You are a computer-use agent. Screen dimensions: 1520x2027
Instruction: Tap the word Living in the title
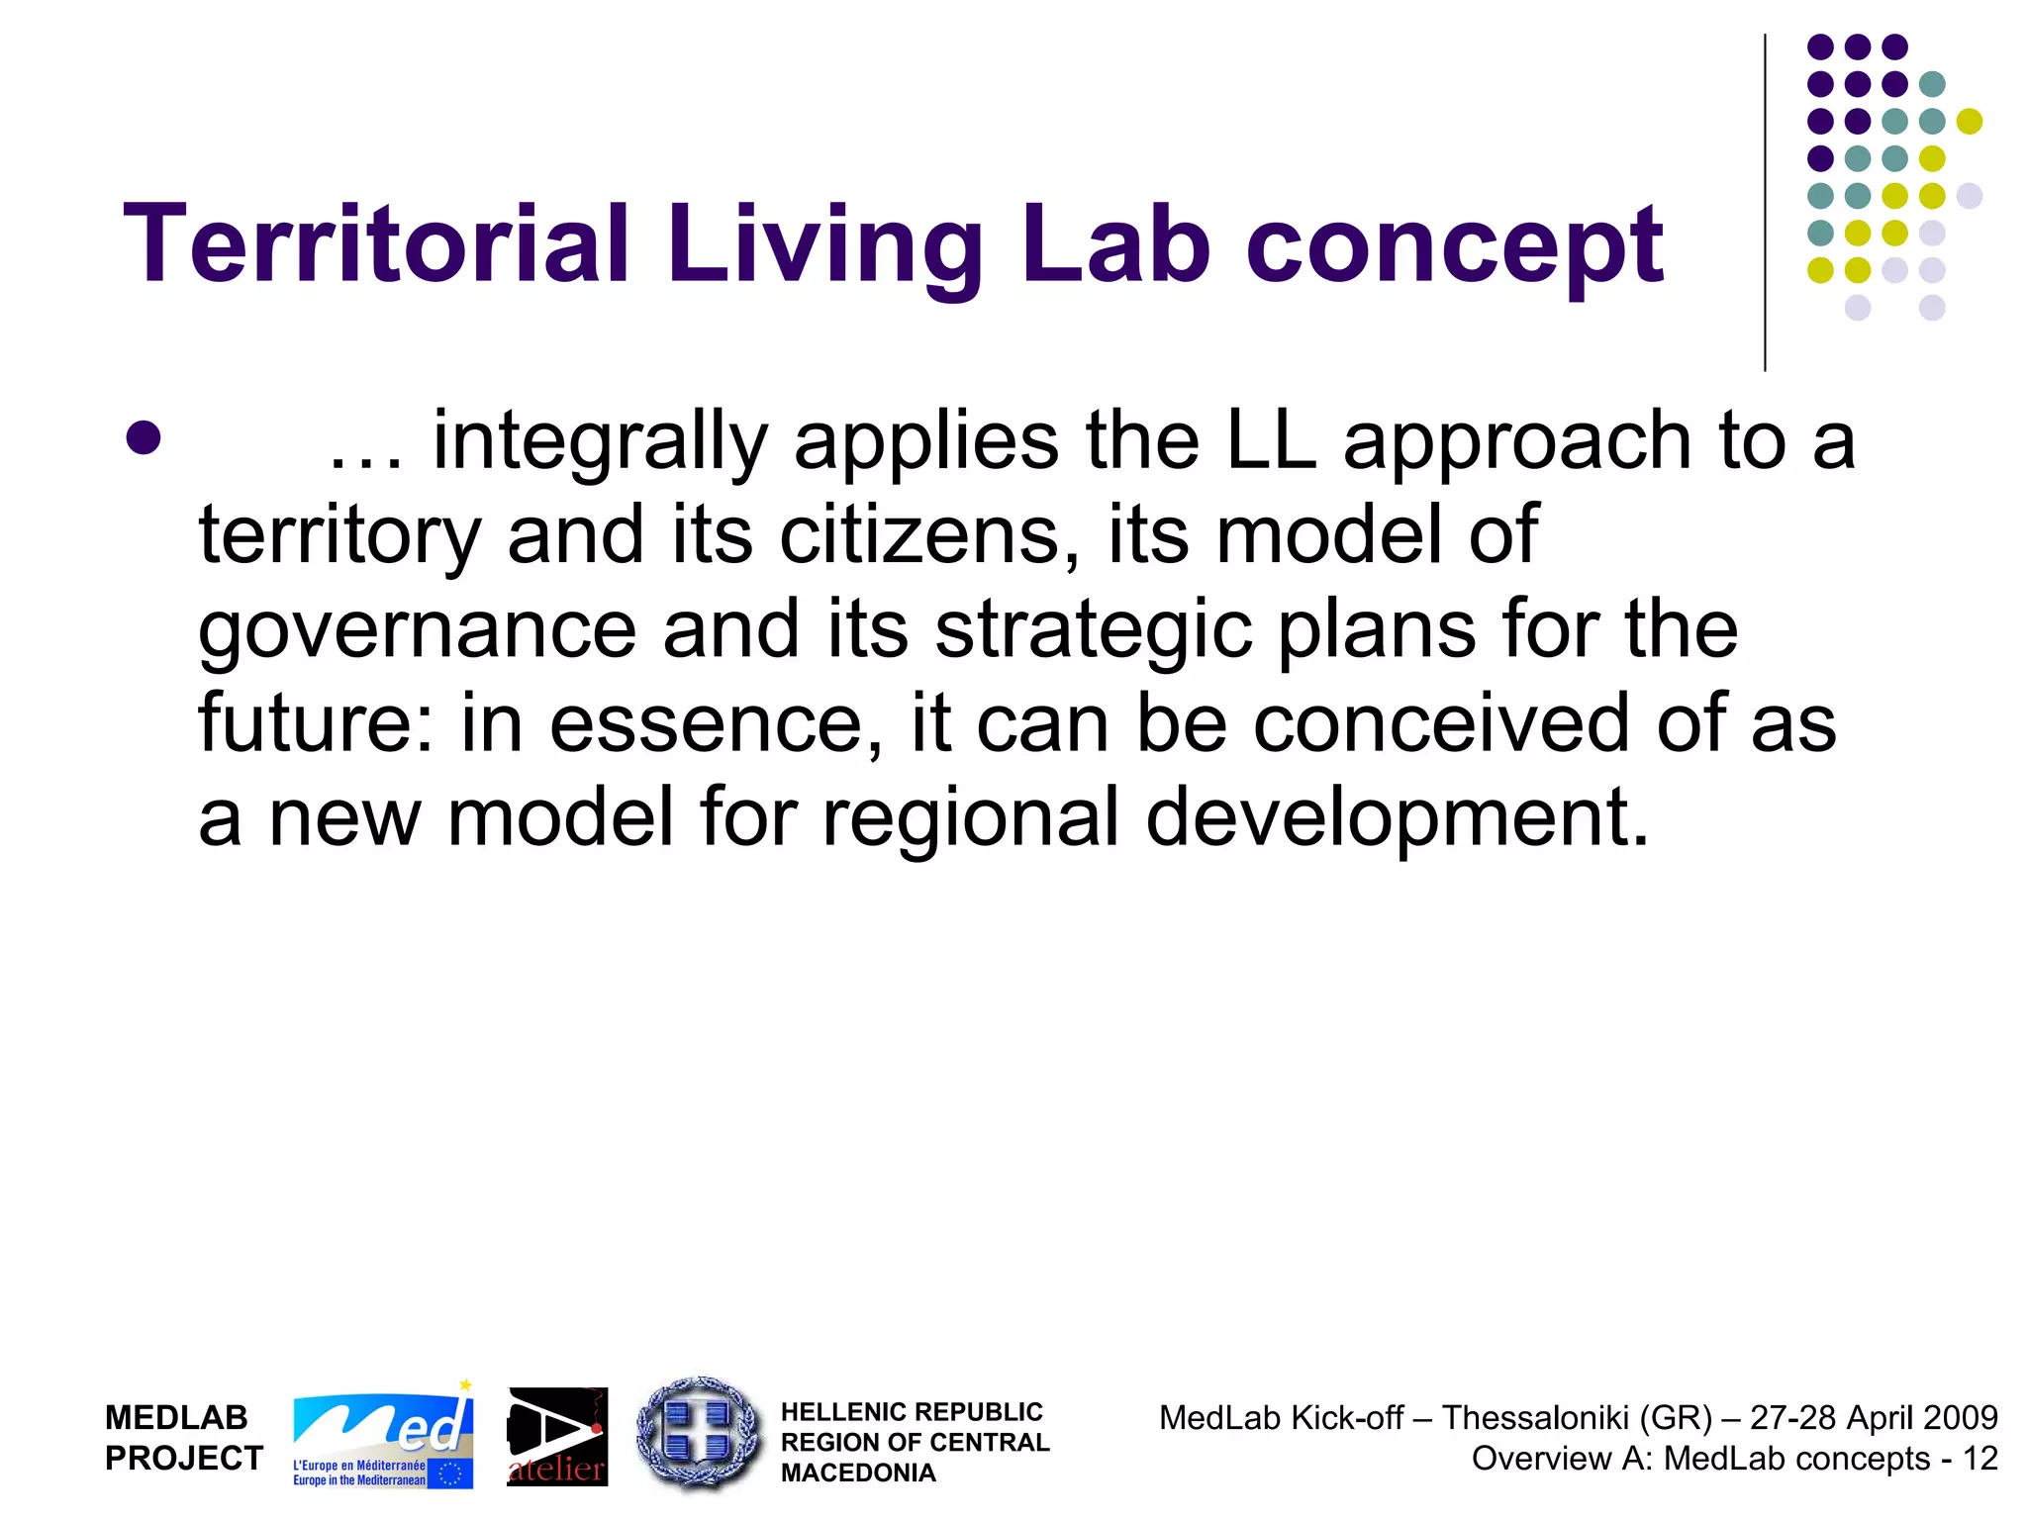pos(824,243)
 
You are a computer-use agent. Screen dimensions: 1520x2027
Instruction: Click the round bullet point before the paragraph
pos(145,438)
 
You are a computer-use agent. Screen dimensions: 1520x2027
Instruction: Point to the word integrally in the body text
pos(600,442)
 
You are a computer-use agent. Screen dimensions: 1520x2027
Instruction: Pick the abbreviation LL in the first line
pos(1271,440)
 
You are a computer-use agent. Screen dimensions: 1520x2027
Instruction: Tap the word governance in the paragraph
pos(417,631)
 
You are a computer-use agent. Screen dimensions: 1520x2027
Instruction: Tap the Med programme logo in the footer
pos(383,1437)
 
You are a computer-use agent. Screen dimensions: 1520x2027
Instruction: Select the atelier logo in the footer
pos(557,1438)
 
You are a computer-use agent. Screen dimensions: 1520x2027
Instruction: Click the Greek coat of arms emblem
pos(700,1432)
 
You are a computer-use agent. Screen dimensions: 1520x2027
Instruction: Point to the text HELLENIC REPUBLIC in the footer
pos(911,1412)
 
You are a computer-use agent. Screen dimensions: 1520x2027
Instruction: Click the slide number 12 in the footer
pos(1980,1459)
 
